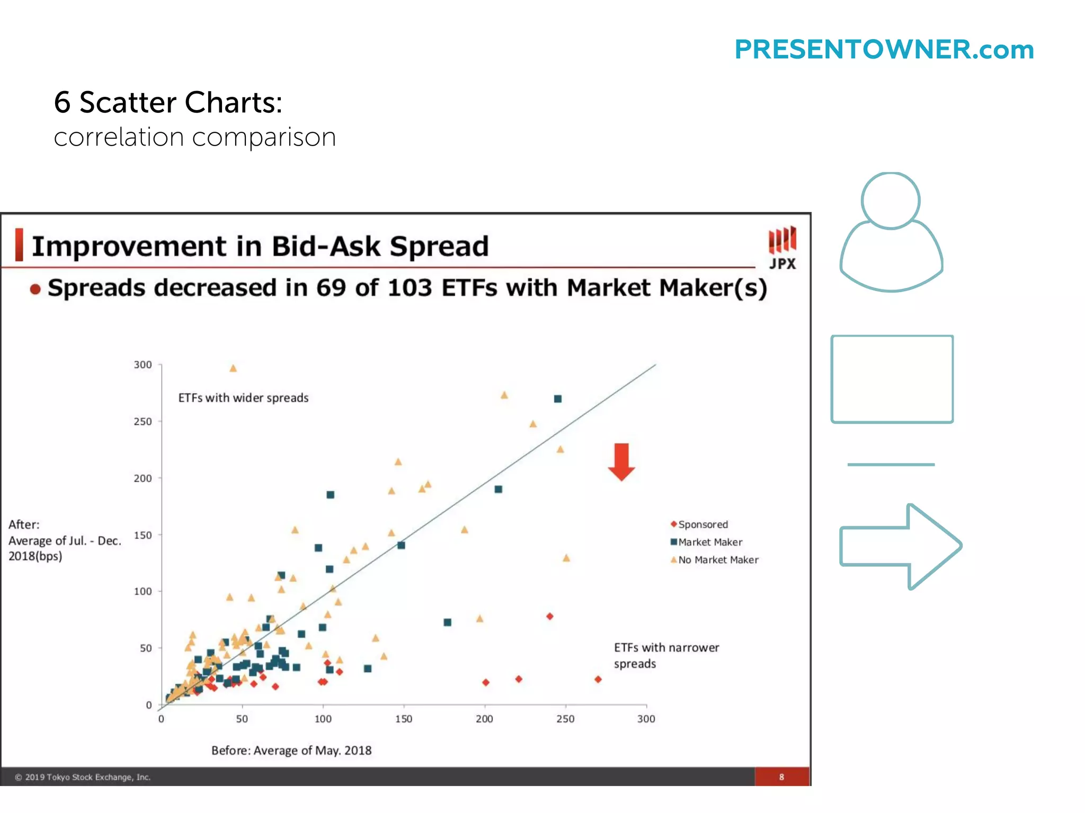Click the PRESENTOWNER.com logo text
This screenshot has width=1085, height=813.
[884, 50]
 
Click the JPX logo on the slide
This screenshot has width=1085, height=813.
[782, 248]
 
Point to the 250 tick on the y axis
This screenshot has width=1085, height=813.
[143, 421]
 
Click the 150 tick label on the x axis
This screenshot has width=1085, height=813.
[403, 719]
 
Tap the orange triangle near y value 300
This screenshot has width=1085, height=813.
[233, 368]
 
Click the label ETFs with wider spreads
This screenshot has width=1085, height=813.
[243, 398]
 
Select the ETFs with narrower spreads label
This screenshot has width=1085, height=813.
[666, 655]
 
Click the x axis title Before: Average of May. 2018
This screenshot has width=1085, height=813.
[291, 751]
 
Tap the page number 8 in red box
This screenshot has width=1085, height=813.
[781, 777]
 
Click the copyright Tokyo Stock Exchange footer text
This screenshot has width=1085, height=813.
[83, 777]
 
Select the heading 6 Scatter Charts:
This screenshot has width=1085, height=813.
[168, 102]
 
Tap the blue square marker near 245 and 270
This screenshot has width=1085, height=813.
[557, 399]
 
